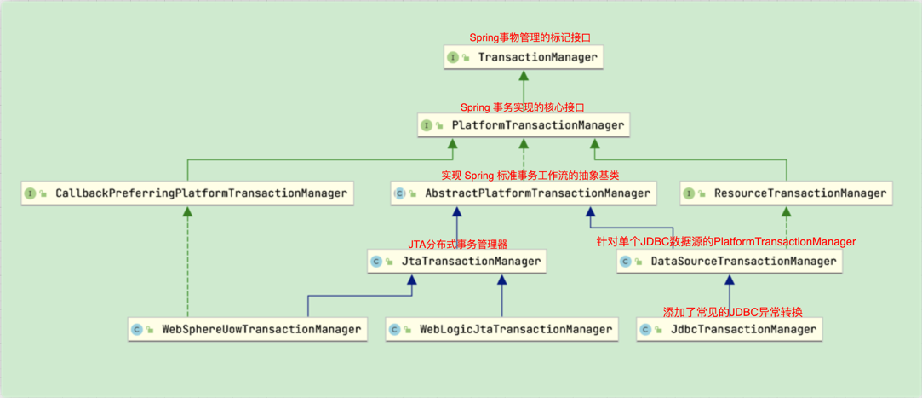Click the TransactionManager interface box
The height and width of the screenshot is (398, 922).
524,58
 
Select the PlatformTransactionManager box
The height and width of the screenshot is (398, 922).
524,125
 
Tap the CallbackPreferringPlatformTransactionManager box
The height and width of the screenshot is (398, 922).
188,193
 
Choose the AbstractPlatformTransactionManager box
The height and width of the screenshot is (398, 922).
524,193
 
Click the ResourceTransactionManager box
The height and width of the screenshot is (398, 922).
786,193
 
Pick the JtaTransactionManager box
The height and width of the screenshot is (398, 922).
457,262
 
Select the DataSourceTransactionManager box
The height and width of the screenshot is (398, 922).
730,262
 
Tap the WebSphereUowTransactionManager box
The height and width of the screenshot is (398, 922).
248,329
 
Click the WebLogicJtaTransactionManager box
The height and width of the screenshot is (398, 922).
501,329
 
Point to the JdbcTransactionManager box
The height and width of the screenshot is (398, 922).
730,329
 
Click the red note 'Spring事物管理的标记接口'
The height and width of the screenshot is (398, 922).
530,38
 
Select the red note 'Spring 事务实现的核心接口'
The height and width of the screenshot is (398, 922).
522,107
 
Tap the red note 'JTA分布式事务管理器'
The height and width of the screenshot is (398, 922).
457,245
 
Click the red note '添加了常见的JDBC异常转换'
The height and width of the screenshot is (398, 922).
732,312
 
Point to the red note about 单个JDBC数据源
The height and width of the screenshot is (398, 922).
725,243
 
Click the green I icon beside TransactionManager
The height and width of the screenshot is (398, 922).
453,58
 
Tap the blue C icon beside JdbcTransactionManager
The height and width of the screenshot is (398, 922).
645,329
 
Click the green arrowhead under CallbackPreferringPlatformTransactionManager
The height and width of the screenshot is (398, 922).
188,211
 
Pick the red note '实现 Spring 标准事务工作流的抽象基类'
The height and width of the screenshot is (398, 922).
530,176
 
